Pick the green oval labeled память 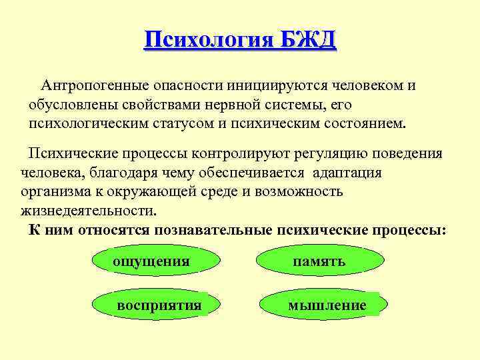click(x=320, y=261)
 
